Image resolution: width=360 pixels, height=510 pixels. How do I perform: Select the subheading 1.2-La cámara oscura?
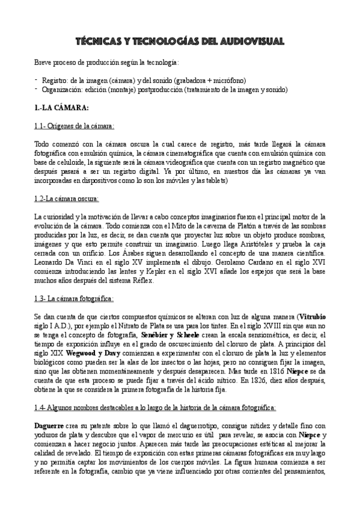(67, 198)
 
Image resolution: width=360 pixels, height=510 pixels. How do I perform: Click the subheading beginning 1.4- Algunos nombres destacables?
(155, 407)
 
